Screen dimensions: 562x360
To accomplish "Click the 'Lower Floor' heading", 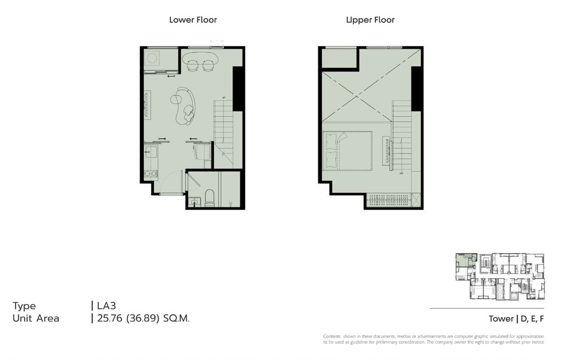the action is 193,20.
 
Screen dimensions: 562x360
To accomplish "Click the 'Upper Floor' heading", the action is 370,20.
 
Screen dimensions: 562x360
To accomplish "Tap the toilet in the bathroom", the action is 210,198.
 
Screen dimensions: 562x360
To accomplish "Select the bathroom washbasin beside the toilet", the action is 194,202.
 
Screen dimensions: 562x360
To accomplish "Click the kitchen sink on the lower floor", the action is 151,152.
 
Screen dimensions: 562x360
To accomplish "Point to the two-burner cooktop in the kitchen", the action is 151,174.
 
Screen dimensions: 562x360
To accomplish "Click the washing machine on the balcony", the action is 152,59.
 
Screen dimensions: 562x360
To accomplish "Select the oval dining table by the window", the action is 200,58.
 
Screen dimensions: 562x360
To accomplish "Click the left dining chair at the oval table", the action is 192,66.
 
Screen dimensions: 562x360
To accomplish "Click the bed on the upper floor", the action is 347,151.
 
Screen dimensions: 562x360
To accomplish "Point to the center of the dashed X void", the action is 357,96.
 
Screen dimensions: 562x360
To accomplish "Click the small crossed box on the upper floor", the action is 416,200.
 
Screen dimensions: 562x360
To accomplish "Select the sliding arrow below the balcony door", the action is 171,76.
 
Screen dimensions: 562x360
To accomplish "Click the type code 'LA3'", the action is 106,306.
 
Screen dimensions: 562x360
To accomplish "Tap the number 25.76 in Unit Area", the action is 110,318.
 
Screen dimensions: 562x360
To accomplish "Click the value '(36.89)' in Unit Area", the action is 143,318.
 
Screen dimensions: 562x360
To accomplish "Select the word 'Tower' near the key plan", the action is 501,319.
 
